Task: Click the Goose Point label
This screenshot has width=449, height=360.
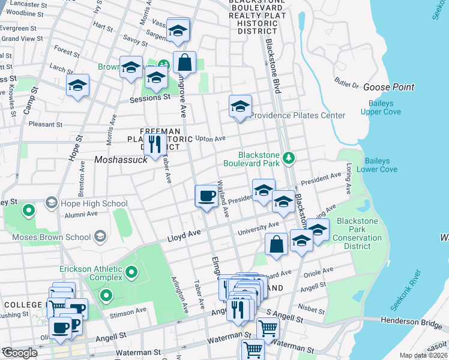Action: click(x=388, y=87)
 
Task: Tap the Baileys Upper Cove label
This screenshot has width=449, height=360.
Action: click(x=388, y=107)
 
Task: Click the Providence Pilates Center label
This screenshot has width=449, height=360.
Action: click(x=298, y=115)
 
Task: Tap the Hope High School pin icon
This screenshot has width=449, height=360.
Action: click(x=50, y=203)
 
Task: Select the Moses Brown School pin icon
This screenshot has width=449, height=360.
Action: click(x=100, y=236)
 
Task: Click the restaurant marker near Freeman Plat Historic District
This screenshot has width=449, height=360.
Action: click(x=155, y=144)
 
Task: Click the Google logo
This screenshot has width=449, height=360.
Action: click(x=20, y=352)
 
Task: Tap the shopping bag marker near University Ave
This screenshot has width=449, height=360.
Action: click(x=276, y=244)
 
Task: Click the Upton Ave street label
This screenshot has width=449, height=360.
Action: click(x=210, y=139)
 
